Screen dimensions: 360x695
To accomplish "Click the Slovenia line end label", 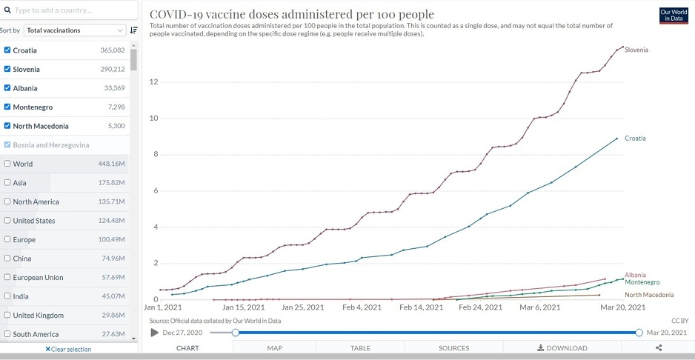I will coord(636,50).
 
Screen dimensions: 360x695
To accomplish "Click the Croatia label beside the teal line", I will coord(635,139).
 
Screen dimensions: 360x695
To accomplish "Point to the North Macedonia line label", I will coord(649,295).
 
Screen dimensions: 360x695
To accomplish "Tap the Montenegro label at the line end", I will coord(642,282).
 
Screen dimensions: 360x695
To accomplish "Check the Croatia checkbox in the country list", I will coord(7,50).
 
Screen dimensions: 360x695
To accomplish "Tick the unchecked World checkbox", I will coord(7,164).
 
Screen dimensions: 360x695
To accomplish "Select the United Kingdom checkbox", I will coord(7,315).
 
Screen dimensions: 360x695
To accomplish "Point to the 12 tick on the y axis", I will coord(153,81).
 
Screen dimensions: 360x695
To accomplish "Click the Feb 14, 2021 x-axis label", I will coord(420,307).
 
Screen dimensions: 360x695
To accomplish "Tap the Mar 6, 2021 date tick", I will coord(539,307).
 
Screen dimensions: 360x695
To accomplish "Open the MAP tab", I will coord(274,348).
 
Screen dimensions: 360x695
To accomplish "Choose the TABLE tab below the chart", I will coord(360,348).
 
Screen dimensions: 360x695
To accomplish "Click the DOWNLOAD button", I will coord(562,348).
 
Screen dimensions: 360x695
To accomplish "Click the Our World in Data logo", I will coord(674,16).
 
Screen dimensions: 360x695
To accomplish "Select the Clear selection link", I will coord(68,349).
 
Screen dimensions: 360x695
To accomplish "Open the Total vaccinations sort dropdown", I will coord(75,30).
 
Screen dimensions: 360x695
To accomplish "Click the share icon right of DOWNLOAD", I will coord(659,348).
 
